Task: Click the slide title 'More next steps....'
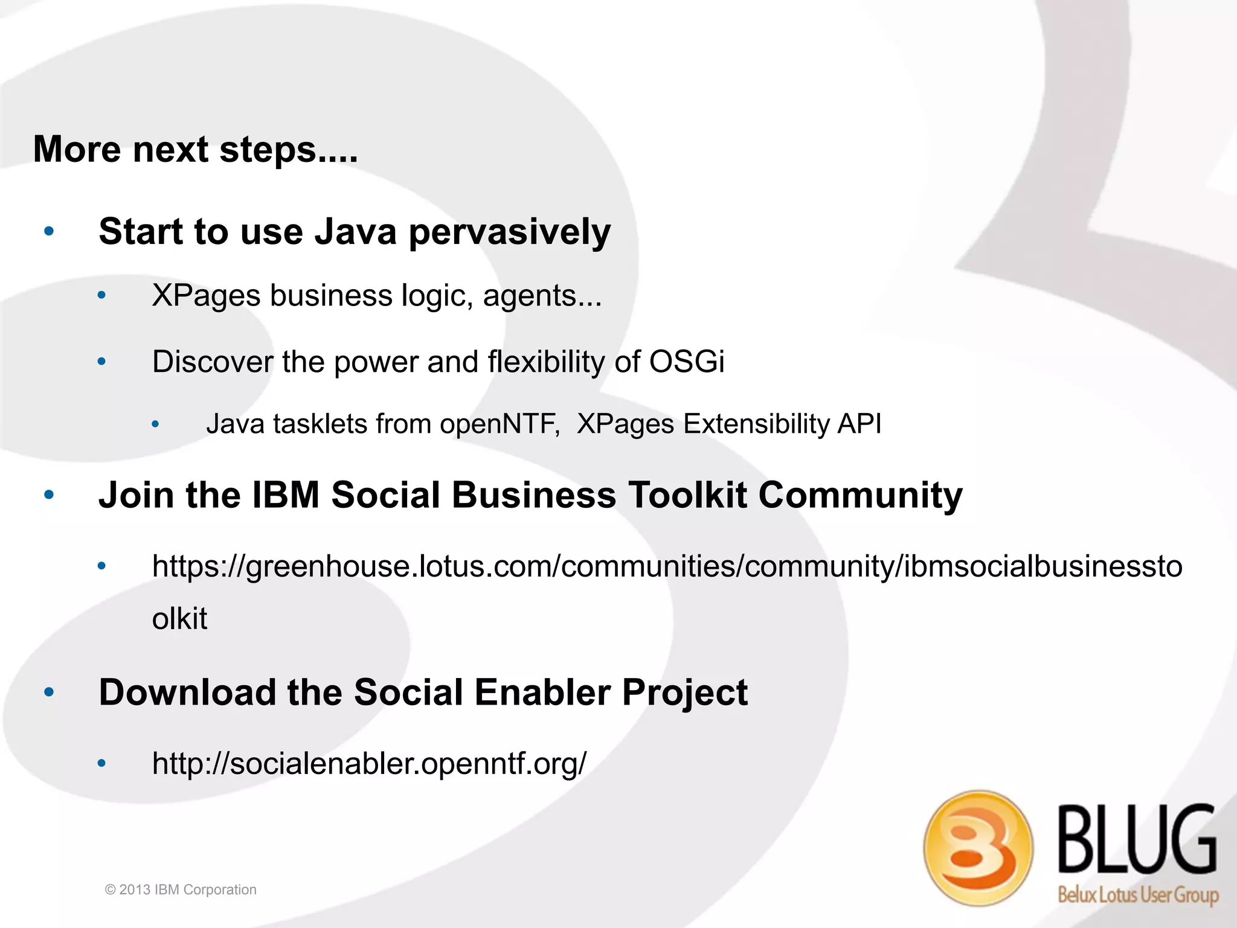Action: (x=195, y=149)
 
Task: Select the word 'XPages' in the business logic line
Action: (x=205, y=296)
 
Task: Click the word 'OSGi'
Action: (x=686, y=362)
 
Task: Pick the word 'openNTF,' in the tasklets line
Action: (x=500, y=424)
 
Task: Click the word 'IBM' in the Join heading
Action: (x=285, y=495)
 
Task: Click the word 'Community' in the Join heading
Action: (x=859, y=496)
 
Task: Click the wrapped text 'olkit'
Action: (x=179, y=619)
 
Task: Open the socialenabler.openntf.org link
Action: (x=369, y=764)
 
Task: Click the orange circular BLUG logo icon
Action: (x=977, y=848)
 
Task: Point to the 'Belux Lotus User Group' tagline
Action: (x=1137, y=894)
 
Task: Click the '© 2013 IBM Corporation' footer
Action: (x=181, y=889)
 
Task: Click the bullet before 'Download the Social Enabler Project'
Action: (x=50, y=693)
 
